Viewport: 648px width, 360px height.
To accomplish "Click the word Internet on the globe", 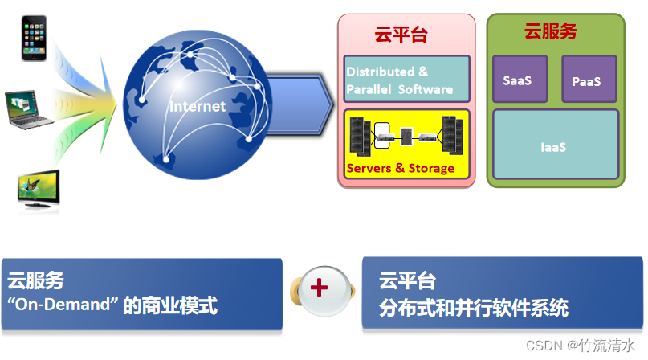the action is click(x=198, y=106).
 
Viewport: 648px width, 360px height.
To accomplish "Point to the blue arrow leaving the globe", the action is click(x=301, y=103).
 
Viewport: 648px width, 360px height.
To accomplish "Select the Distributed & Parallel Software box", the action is click(x=406, y=79).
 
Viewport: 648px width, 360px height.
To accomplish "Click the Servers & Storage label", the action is click(x=400, y=169).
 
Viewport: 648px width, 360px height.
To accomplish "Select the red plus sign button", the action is click(x=320, y=288).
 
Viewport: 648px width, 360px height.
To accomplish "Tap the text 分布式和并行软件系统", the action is click(x=474, y=307).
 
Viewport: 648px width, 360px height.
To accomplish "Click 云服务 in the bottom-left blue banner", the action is click(x=35, y=281).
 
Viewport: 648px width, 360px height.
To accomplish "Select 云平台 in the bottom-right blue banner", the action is click(x=408, y=281).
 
